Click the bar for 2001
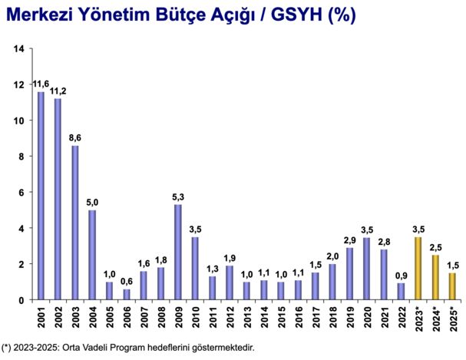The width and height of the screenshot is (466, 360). [41, 196]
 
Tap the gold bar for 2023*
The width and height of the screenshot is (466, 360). [418, 268]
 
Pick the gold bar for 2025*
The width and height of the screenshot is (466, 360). [452, 286]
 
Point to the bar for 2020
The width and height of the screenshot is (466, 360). [367, 268]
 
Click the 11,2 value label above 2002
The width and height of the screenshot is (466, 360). [58, 91]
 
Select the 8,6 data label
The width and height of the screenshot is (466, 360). [75, 137]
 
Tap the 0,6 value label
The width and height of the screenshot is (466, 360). [127, 281]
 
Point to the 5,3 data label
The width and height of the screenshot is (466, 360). [178, 197]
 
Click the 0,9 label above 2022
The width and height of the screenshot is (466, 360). [401, 276]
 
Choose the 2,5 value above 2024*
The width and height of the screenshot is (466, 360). [435, 247]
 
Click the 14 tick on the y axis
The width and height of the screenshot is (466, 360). [20, 50]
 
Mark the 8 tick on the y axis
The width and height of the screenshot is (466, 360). [22, 157]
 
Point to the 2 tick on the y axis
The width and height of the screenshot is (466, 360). [22, 264]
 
